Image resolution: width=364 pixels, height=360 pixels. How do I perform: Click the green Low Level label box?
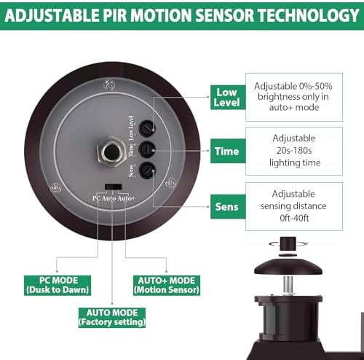pos(228,97)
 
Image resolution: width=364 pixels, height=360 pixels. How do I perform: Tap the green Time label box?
pos(228,151)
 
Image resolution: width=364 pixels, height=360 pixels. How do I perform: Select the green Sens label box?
pos(228,206)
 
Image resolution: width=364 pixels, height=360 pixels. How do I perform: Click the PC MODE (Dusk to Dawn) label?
pos(58,285)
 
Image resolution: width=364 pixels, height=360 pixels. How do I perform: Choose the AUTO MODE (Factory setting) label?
pos(112,318)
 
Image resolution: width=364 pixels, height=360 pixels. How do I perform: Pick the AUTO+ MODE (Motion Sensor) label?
pos(167,285)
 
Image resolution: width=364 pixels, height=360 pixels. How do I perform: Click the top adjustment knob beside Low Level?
pos(147,128)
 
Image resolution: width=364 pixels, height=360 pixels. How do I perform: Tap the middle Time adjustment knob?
pos(147,149)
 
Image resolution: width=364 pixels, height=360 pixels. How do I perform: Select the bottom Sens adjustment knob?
pos(147,170)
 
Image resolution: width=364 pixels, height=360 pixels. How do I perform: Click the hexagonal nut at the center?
pos(111,152)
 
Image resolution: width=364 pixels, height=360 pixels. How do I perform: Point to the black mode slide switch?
pos(114,187)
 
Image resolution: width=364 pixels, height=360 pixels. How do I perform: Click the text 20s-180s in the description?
pos(294,151)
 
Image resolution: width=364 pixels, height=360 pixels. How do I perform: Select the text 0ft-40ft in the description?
pos(294,218)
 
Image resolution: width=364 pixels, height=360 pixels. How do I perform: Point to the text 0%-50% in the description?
pos(316,86)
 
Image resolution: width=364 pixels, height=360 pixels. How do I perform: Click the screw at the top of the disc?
pos(109,85)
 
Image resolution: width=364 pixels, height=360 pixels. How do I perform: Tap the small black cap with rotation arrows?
pos(288,244)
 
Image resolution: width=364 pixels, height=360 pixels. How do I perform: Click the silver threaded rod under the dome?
pos(288,286)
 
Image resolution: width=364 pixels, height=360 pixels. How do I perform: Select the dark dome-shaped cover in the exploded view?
pos(288,267)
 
